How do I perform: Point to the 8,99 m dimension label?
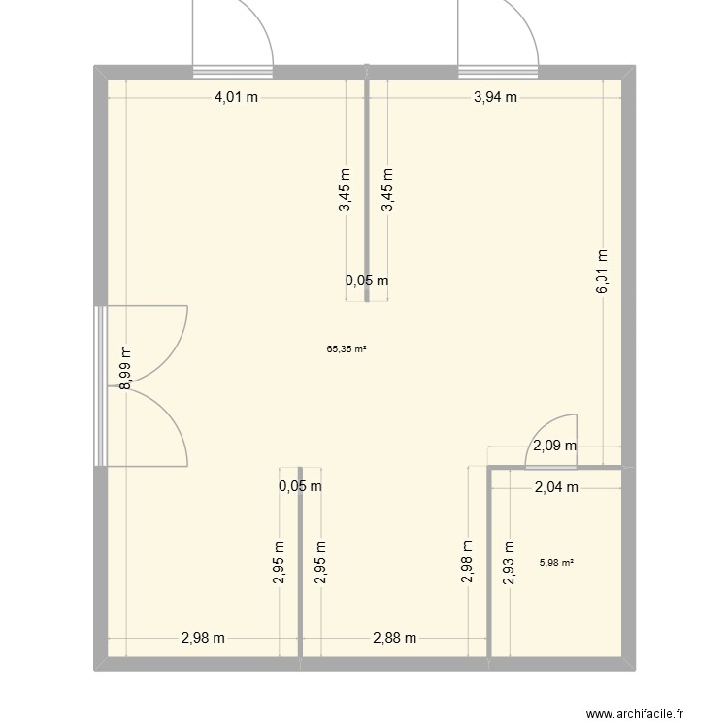[x=125, y=369]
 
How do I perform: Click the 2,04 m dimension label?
[x=556, y=488]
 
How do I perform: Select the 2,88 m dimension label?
[x=395, y=638]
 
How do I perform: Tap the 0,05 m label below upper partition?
[x=367, y=281]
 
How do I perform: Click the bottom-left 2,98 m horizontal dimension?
[x=203, y=638]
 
